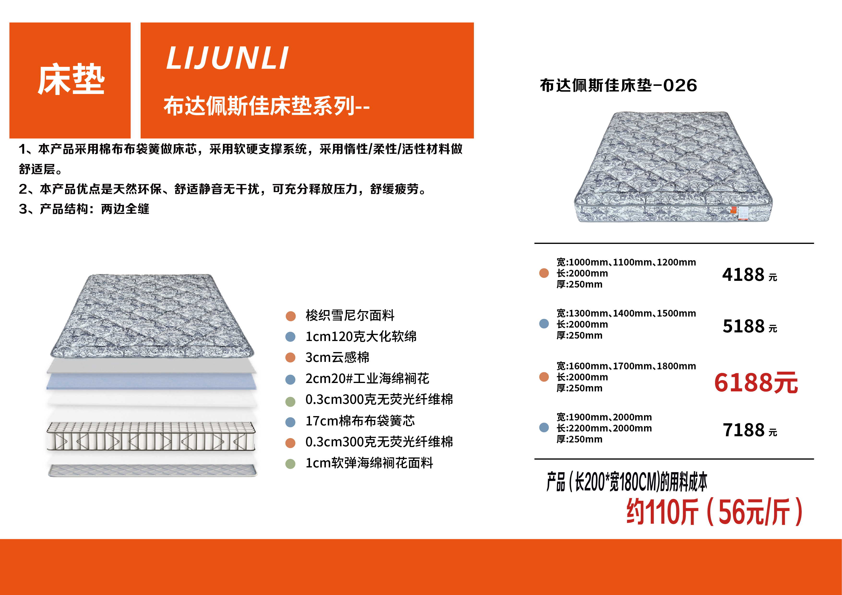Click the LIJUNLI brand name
(x=227, y=58)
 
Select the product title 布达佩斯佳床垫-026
(x=618, y=85)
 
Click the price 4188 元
(x=749, y=275)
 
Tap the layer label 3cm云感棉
(x=337, y=357)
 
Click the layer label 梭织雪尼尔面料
(x=350, y=315)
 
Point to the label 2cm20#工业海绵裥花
(x=367, y=378)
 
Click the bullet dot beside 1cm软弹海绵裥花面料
(x=290, y=464)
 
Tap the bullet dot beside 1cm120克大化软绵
(x=290, y=337)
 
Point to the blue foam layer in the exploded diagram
(x=151, y=381)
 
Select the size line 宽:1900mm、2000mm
(x=604, y=417)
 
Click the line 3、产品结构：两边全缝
(x=84, y=209)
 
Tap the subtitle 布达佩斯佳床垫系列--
(x=267, y=106)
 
